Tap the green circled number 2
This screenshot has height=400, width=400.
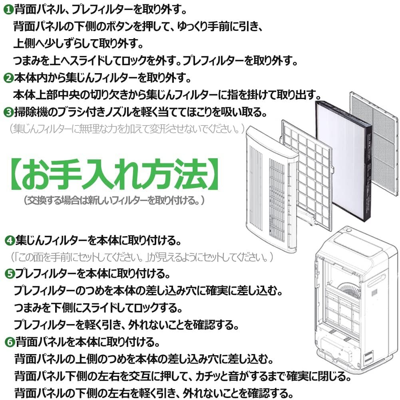(8, 78)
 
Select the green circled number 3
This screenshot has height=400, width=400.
(8, 112)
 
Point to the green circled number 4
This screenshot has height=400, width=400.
(10, 241)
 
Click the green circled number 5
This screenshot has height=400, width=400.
(10, 274)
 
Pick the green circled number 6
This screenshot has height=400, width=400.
(10, 342)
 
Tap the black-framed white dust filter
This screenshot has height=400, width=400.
(344, 158)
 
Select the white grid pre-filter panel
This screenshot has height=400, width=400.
(308, 176)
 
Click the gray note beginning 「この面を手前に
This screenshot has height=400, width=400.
(142, 256)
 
